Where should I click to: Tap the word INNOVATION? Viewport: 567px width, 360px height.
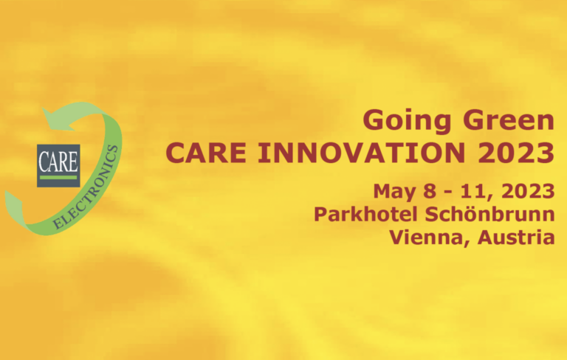coord(361,153)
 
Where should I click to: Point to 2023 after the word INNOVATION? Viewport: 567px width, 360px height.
coord(516,153)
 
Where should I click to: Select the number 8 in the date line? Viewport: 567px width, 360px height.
coord(430,191)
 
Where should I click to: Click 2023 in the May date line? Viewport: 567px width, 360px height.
coord(529,191)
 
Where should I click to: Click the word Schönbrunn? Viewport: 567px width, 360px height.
coord(490,214)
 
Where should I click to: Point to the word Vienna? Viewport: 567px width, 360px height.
coord(430,238)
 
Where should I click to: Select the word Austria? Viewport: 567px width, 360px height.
coord(516,237)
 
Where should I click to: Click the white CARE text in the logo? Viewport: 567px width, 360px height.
coord(58,162)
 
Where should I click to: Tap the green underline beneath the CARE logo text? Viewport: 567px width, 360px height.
coord(58,178)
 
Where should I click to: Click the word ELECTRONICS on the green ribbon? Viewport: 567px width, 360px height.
coord(86,187)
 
